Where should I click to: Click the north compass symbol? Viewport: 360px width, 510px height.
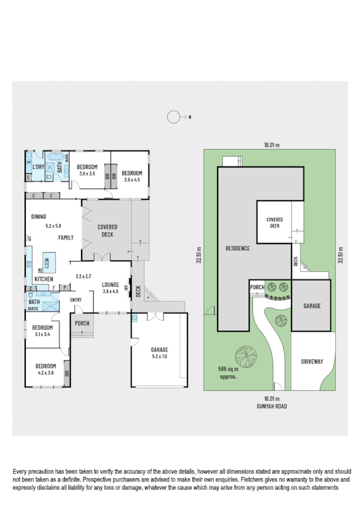point(174,117)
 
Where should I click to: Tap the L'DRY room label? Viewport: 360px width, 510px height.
point(39,167)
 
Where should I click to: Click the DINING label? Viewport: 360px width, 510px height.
point(38,217)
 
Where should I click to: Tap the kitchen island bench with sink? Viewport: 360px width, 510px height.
point(46,262)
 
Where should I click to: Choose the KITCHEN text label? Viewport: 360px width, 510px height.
point(44,280)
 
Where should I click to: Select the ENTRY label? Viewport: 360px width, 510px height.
point(76,300)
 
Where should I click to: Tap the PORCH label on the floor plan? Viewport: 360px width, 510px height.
point(82,324)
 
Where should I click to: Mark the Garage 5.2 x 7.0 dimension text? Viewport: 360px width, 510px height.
point(159,356)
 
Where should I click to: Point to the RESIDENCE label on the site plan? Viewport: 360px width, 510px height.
point(237,248)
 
